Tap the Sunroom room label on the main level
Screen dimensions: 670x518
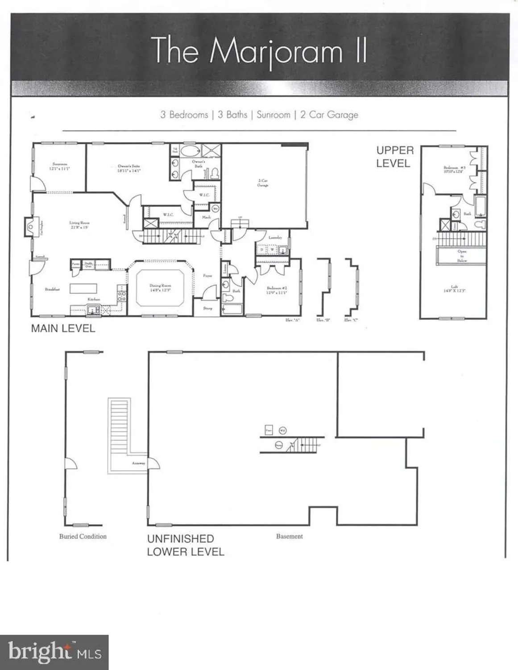(x=60, y=166)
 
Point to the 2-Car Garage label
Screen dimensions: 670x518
(x=263, y=182)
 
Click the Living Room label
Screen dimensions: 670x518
(x=79, y=225)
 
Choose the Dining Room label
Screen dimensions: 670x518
(x=160, y=288)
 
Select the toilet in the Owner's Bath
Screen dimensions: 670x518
(x=214, y=172)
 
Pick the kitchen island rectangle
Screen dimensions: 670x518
(x=83, y=288)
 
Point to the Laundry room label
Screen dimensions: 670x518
(x=275, y=238)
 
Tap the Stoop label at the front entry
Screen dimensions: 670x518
(x=208, y=308)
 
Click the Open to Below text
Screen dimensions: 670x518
(x=462, y=255)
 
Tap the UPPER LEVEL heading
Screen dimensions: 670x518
(x=394, y=157)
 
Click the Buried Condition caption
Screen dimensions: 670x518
(x=83, y=536)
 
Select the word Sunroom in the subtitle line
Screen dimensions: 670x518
(x=274, y=115)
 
